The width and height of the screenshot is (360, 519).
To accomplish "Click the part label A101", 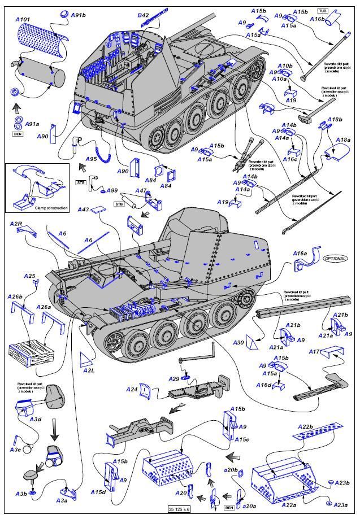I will pyautogui.click(x=23, y=19).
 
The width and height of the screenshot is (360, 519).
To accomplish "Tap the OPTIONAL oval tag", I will pyautogui.click(x=335, y=258).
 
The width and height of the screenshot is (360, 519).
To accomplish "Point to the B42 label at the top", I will pyautogui.click(x=143, y=15).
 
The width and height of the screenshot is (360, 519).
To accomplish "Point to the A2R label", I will pyautogui.click(x=16, y=224).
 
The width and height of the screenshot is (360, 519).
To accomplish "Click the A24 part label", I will pyautogui.click(x=132, y=390).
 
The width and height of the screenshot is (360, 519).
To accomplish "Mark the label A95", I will pyautogui.click(x=92, y=159).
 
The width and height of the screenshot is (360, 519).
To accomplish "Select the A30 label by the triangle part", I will pyautogui.click(x=238, y=343).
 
